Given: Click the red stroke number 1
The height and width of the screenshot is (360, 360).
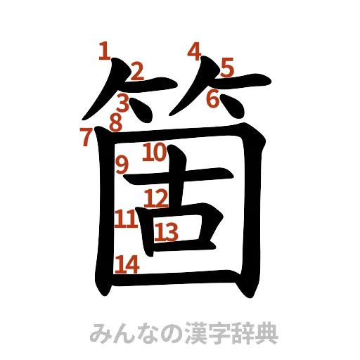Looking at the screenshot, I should pyautogui.click(x=104, y=51).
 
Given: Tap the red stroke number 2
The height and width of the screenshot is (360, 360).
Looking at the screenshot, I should pyautogui.click(x=137, y=70).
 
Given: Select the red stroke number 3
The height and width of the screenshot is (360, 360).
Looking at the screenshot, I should pyautogui.click(x=124, y=101).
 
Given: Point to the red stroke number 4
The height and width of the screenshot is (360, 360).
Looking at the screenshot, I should pyautogui.click(x=195, y=50).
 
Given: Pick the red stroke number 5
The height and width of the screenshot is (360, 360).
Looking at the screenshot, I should pyautogui.click(x=227, y=68).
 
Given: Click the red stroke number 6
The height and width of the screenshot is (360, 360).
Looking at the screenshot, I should pyautogui.click(x=212, y=98).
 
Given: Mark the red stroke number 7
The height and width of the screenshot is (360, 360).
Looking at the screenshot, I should pyautogui.click(x=85, y=138).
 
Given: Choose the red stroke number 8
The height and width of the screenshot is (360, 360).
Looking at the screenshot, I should pyautogui.click(x=115, y=122).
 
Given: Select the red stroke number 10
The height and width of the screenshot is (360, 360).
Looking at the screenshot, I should pyautogui.click(x=154, y=151).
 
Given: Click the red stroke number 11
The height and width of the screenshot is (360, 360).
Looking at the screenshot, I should pyautogui.click(x=126, y=219).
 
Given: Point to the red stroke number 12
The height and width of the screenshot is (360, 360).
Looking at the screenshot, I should pyautogui.click(x=155, y=199).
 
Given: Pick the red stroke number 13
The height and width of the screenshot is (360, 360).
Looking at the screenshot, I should pyautogui.click(x=167, y=231).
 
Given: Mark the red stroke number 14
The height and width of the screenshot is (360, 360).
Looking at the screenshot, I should pyautogui.click(x=127, y=264).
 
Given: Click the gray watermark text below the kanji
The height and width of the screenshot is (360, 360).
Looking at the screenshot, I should pyautogui.click(x=184, y=332).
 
